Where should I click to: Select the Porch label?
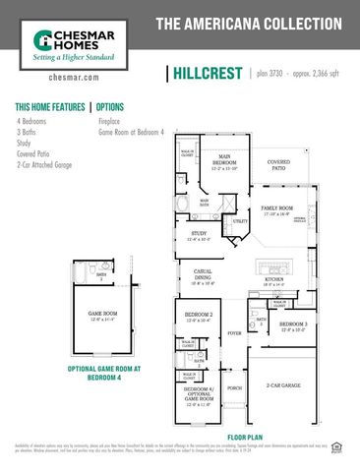click(234, 388)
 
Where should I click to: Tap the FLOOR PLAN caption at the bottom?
click(245, 436)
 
